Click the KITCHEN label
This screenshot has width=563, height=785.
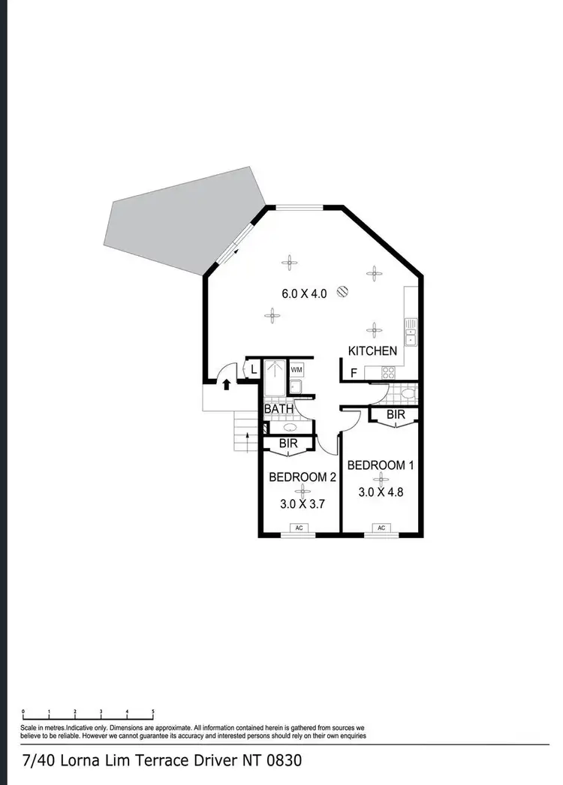pyautogui.click(x=372, y=350)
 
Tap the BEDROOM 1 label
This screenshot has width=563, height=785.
pyautogui.click(x=381, y=465)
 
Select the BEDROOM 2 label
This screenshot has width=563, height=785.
pyautogui.click(x=303, y=477)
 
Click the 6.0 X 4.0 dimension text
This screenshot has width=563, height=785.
pyautogui.click(x=304, y=294)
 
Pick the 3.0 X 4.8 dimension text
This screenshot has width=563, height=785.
pyautogui.click(x=381, y=493)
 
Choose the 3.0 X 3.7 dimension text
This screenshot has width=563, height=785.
pyautogui.click(x=302, y=505)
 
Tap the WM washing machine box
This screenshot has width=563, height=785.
pyautogui.click(x=296, y=370)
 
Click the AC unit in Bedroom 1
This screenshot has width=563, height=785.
pyautogui.click(x=381, y=528)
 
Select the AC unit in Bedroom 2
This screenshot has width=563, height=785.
pyautogui.click(x=299, y=528)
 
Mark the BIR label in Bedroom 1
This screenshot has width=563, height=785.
pyautogui.click(x=396, y=414)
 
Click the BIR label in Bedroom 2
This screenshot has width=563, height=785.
pyautogui.click(x=288, y=444)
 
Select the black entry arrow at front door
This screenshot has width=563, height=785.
pyautogui.click(x=227, y=384)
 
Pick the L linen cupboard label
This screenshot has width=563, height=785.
pyautogui.click(x=254, y=368)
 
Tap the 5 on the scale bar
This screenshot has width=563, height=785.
pyautogui.click(x=153, y=711)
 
